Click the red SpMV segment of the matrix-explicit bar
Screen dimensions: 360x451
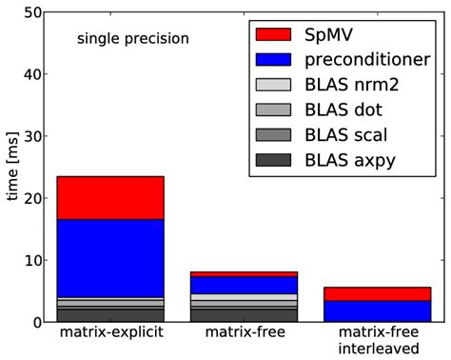click(x=109, y=197)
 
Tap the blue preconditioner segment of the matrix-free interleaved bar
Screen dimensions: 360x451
click(x=377, y=310)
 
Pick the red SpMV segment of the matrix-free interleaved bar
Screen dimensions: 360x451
click(x=377, y=293)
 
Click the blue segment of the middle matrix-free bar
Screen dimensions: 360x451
click(x=244, y=285)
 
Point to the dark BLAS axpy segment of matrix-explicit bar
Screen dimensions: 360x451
click(x=109, y=314)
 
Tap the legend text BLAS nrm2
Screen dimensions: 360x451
click(x=353, y=85)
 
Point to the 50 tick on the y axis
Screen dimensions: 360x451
click(x=30, y=13)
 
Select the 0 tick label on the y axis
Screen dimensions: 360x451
click(x=35, y=323)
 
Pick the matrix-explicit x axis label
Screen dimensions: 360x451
click(x=109, y=334)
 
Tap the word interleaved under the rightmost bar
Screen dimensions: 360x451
click(x=377, y=350)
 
